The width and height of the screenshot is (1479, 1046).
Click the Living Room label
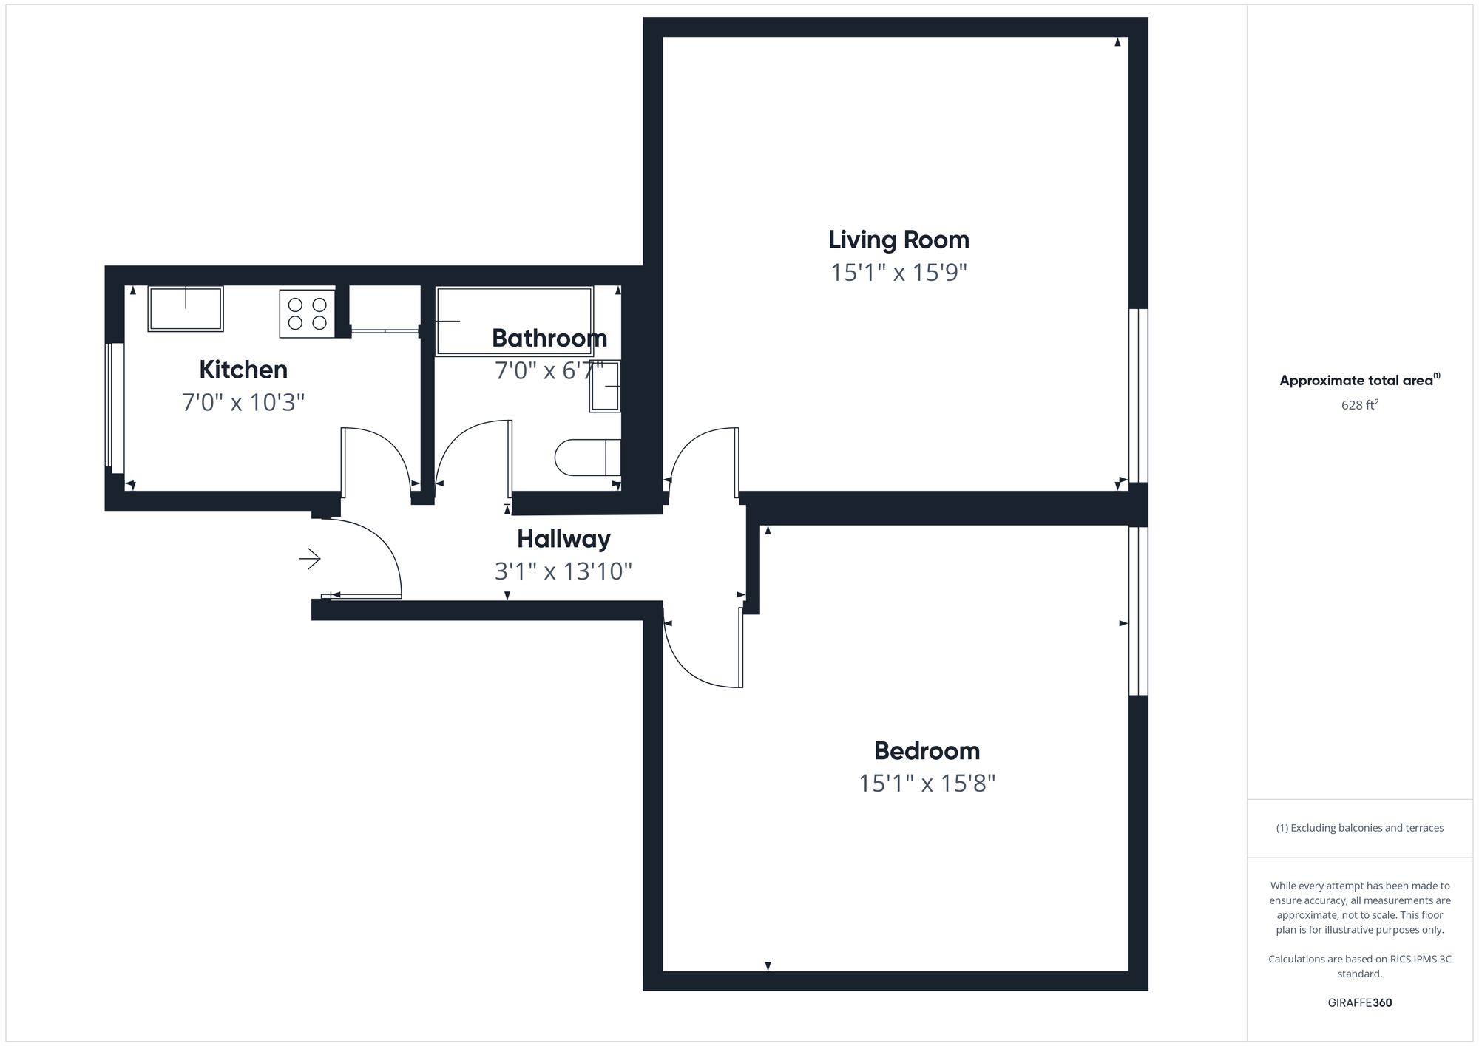pyautogui.click(x=898, y=240)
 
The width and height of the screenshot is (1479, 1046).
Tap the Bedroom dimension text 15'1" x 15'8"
pyautogui.click(x=927, y=784)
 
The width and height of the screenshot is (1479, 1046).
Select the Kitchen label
pyautogui.click(x=243, y=369)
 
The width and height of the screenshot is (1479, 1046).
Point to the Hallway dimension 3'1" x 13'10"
pyautogui.click(x=563, y=571)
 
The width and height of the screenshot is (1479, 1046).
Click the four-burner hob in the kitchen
pyautogui.click(x=308, y=313)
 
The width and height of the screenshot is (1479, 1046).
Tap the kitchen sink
pyautogui.click(x=185, y=309)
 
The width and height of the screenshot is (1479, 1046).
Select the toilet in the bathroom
pyautogui.click(x=587, y=458)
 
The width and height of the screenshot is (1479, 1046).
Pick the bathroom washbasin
pyautogui.click(x=605, y=386)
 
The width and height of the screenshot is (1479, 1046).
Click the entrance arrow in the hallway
pyautogui.click(x=310, y=559)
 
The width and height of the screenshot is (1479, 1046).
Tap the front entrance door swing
pyautogui.click(x=370, y=558)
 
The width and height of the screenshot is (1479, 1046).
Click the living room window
pyautogui.click(x=1138, y=395)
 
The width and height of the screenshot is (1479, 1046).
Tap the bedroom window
pyautogui.click(x=1138, y=611)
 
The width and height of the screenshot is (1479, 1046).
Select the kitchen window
pyautogui.click(x=114, y=407)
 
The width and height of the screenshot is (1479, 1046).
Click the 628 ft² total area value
pyautogui.click(x=1359, y=405)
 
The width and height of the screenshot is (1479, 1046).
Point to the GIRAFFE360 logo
pyautogui.click(x=1359, y=1003)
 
